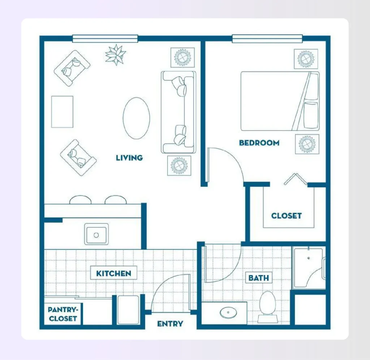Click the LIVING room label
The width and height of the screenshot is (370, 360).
(129, 158)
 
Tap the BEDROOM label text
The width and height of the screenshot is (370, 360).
(259, 143)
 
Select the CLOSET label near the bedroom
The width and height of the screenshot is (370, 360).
(286, 216)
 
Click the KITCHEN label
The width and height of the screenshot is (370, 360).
(113, 273)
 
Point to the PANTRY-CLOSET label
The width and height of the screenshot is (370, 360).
(63, 314)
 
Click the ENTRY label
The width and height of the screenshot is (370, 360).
(170, 324)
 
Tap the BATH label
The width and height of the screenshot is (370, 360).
(259, 278)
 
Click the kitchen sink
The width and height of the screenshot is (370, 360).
(96, 234)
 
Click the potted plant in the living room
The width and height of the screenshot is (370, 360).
(115, 55)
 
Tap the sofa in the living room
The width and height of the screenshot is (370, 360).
(178, 112)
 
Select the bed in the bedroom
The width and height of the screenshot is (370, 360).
(280, 101)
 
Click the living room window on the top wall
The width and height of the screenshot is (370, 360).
(105, 38)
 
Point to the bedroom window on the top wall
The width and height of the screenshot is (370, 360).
(267, 38)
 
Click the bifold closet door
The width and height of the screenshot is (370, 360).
(296, 178)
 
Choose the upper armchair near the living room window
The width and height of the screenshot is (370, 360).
(72, 68)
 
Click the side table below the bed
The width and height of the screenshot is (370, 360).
(307, 144)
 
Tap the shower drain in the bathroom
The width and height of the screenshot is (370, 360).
(308, 258)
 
